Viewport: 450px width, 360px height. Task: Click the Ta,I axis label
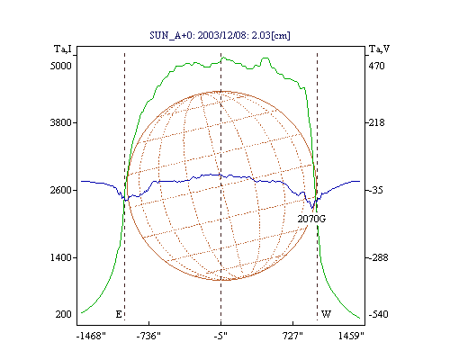pyautogui.click(x=63, y=49)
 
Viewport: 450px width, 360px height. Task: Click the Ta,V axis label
pyautogui.click(x=379, y=49)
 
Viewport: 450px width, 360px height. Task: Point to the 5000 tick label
pyautogui.click(x=61, y=66)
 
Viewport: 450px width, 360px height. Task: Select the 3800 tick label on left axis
pyautogui.click(x=61, y=122)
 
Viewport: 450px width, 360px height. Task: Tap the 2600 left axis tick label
pyautogui.click(x=61, y=190)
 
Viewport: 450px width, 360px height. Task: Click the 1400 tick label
pyautogui.click(x=61, y=257)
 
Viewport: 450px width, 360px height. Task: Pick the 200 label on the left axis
pyautogui.click(x=63, y=314)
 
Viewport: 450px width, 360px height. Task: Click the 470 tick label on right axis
pyautogui.click(x=376, y=66)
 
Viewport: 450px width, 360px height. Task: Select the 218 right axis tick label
pyautogui.click(x=376, y=122)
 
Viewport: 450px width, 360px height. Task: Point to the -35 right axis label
pyautogui.click(x=375, y=190)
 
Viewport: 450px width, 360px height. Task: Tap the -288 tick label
pyautogui.click(x=378, y=257)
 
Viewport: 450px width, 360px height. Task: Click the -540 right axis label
pyautogui.click(x=378, y=314)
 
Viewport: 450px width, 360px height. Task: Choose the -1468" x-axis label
pyautogui.click(x=91, y=336)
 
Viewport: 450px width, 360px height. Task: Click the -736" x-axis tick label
pyautogui.click(x=148, y=336)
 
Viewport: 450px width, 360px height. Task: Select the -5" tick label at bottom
pyautogui.click(x=220, y=336)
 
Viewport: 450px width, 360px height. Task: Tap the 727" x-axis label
pyautogui.click(x=292, y=336)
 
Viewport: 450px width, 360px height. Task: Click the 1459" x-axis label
pyautogui.click(x=351, y=336)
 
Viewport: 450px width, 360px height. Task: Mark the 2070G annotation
pyautogui.click(x=311, y=219)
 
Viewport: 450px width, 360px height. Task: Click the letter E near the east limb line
pyautogui.click(x=119, y=314)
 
